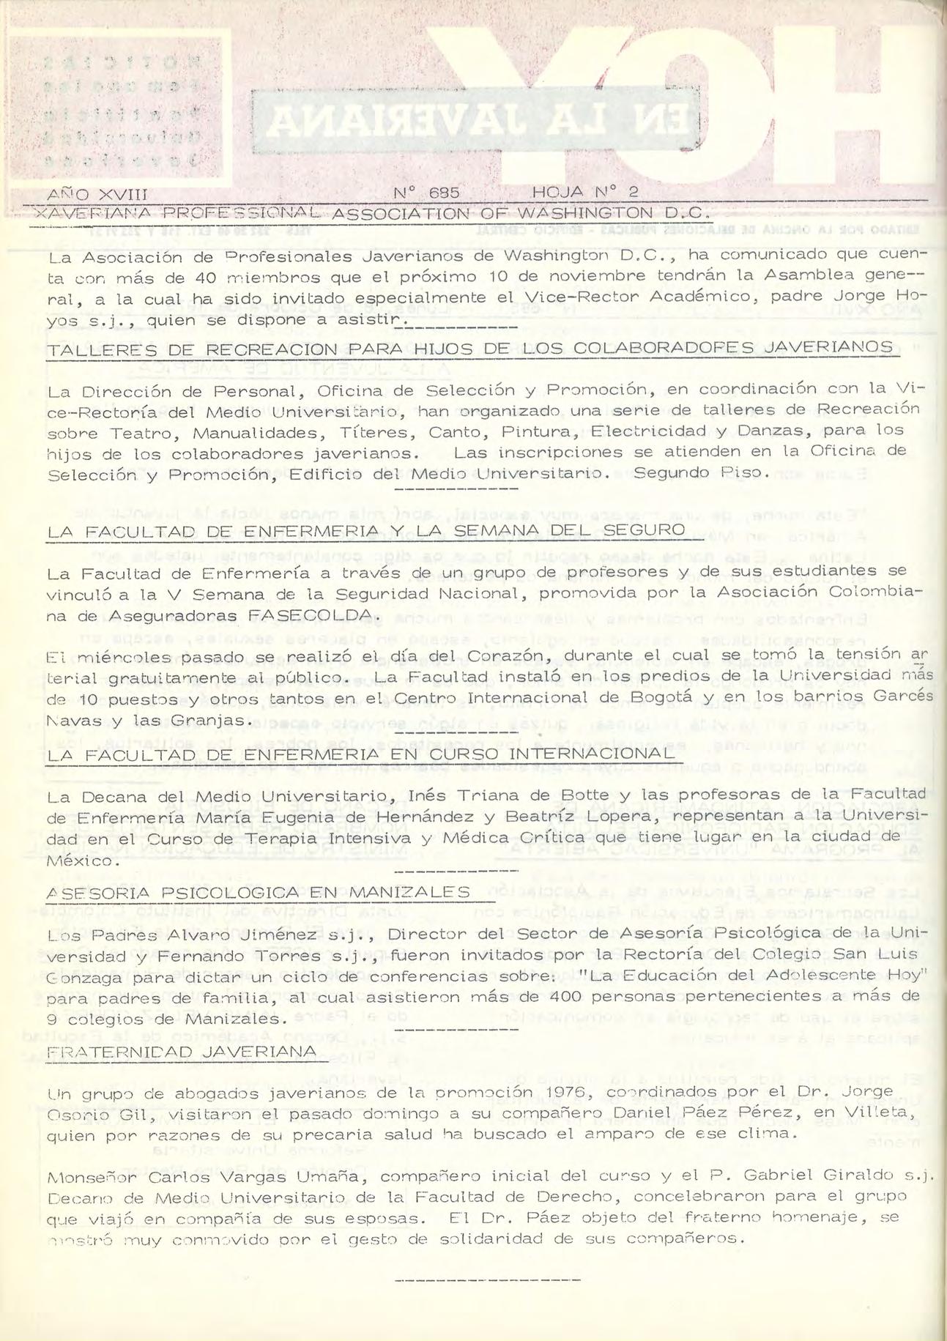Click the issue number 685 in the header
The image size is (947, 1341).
[x=444, y=194]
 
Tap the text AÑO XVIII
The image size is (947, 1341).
[x=97, y=195]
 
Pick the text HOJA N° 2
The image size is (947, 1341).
[x=587, y=194]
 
